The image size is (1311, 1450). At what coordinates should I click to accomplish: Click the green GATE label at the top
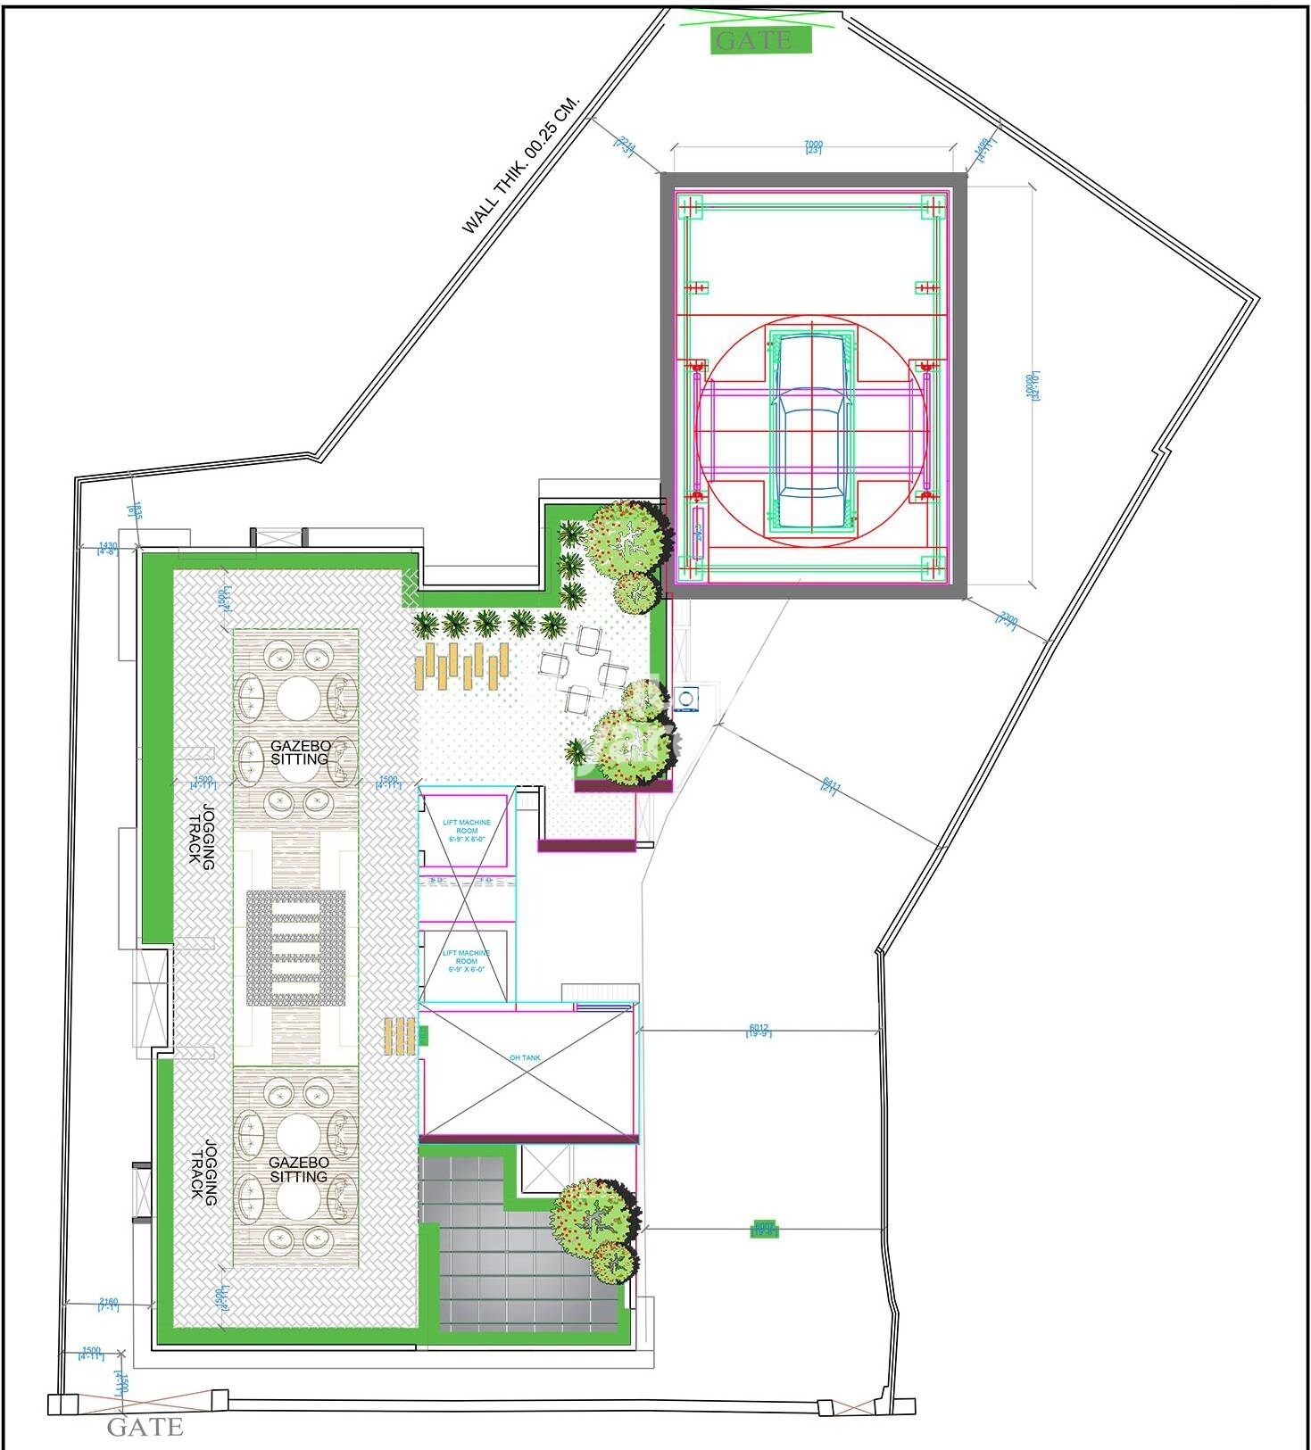point(761,40)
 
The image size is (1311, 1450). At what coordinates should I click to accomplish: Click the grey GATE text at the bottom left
point(145,1427)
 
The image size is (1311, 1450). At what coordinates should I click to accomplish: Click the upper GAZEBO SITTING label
point(300,751)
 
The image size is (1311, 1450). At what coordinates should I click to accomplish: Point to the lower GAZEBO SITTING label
point(299,1169)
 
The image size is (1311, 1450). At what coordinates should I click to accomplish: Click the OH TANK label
point(525,1057)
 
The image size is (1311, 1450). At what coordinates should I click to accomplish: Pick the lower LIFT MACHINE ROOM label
point(467,961)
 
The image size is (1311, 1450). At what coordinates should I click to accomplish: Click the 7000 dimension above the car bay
point(813,146)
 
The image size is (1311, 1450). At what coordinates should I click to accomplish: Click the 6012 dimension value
point(759,1030)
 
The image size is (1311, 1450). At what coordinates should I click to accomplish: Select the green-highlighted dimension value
point(764,1230)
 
